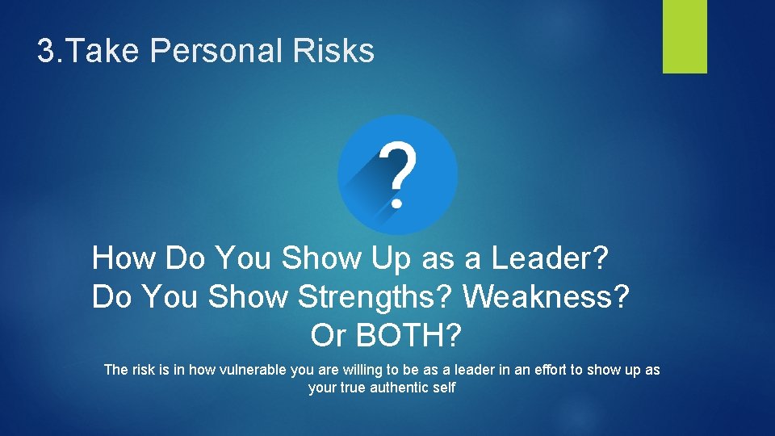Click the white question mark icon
tap(398, 174)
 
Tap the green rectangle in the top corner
tap(685, 36)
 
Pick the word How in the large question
tap(124, 259)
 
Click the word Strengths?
tap(376, 297)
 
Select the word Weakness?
tap(546, 297)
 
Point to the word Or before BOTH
tap(328, 335)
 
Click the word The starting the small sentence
tap(116, 370)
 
